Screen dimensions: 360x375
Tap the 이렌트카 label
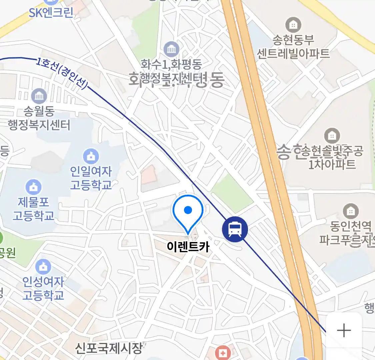pyautogui.click(x=188, y=247)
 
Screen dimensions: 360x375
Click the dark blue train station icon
pyautogui.click(x=235, y=229)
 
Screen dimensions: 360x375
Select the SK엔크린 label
pyautogui.click(x=51, y=13)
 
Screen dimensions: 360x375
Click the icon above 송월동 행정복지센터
pyautogui.click(x=39, y=96)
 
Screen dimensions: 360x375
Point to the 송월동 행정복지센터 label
pyautogui.click(x=39, y=118)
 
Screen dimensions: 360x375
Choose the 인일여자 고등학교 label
pyautogui.click(x=91, y=178)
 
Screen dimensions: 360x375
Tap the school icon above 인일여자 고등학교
pyautogui.click(x=91, y=156)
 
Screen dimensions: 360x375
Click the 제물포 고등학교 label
pyautogui.click(x=33, y=209)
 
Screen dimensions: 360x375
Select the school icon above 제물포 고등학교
pyautogui.click(x=33, y=187)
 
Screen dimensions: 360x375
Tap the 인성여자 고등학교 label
pyautogui.click(x=43, y=288)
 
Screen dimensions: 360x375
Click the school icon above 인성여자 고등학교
pyautogui.click(x=43, y=267)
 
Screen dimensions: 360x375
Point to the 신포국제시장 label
pyautogui.click(x=108, y=348)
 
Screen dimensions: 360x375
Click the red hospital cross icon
pyautogui.click(x=222, y=353)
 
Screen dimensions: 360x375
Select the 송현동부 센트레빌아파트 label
pyautogui.click(x=293, y=47)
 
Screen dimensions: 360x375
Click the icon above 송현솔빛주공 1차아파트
pyautogui.click(x=332, y=136)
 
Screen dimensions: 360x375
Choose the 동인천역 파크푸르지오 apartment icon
pyautogui.click(x=350, y=211)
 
